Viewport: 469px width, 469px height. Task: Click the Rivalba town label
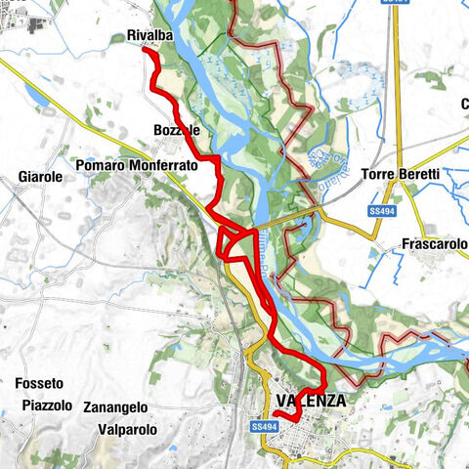(x=149, y=36)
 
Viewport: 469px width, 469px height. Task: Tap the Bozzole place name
(x=177, y=130)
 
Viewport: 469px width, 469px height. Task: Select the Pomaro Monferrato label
(x=136, y=166)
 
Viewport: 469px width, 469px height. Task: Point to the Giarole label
(x=40, y=177)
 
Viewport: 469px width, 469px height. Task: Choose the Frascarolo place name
(x=435, y=243)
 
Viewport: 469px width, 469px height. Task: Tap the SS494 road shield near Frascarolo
(x=381, y=211)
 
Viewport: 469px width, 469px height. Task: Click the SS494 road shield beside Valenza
(x=260, y=427)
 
